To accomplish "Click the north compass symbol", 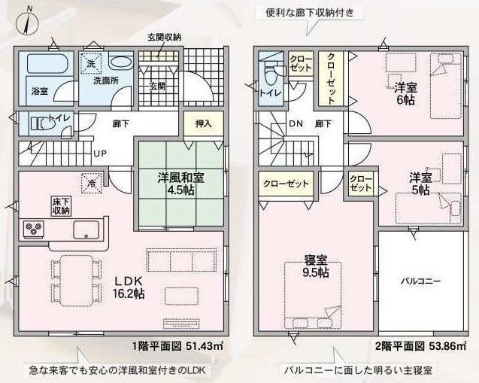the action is pyautogui.click(x=28, y=22).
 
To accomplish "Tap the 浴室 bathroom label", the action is pyautogui.click(x=40, y=91).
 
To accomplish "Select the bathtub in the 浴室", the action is pyautogui.click(x=46, y=63).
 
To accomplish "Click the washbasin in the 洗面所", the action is pyautogui.click(x=120, y=61).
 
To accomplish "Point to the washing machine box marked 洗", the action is pyautogui.click(x=91, y=63).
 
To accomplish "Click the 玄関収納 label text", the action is pyautogui.click(x=165, y=38).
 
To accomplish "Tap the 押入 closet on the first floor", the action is pyautogui.click(x=204, y=123).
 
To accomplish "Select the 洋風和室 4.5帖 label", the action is pyautogui.click(x=180, y=184).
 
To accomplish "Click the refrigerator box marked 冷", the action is pyautogui.click(x=91, y=184).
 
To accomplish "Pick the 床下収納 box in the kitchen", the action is pyautogui.click(x=61, y=206).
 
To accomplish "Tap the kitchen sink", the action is pyautogui.click(x=86, y=229).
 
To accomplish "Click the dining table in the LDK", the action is pyautogui.click(x=77, y=281).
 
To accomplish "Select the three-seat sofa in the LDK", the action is pyautogui.click(x=181, y=260).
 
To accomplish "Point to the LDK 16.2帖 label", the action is pyautogui.click(x=129, y=287).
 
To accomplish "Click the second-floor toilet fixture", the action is pyautogui.click(x=271, y=74).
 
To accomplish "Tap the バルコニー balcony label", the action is pyautogui.click(x=421, y=281).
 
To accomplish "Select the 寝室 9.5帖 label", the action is pyautogui.click(x=316, y=266).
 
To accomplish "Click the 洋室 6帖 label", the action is pyautogui.click(x=405, y=94).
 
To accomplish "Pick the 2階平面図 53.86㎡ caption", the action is pyautogui.click(x=421, y=346).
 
